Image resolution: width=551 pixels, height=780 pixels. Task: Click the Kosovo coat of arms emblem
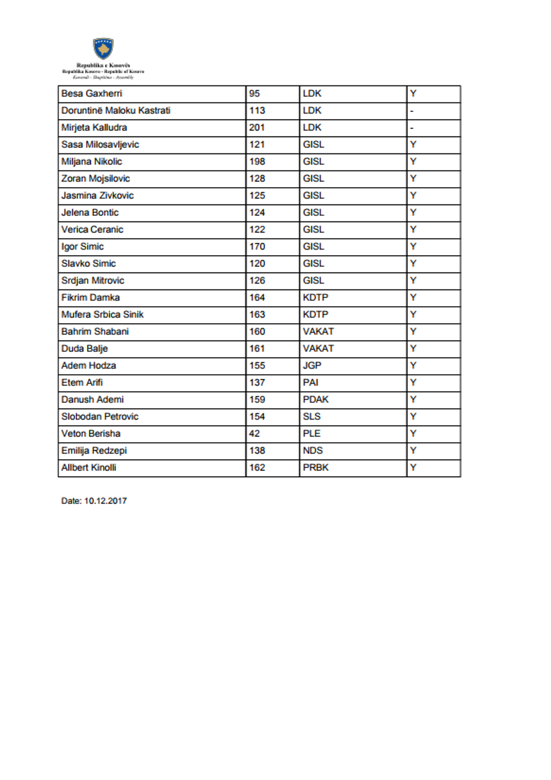[103, 49]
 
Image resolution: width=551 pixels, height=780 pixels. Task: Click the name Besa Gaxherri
[92, 94]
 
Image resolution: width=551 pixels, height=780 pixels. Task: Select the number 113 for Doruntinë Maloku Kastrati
[257, 111]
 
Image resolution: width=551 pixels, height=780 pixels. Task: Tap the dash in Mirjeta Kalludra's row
[412, 128]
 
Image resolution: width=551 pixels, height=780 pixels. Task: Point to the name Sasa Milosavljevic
[100, 145]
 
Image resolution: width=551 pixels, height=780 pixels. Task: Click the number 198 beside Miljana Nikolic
[257, 162]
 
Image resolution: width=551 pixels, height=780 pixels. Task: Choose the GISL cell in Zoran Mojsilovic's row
[313, 179]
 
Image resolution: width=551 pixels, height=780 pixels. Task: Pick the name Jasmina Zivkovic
[97, 196]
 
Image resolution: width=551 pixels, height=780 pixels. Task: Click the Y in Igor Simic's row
[413, 247]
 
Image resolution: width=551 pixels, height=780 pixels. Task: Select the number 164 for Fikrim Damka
[257, 298]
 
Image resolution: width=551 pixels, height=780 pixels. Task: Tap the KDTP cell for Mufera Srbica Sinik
[315, 315]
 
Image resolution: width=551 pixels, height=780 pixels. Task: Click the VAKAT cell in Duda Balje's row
[318, 348]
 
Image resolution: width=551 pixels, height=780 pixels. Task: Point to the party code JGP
[312, 366]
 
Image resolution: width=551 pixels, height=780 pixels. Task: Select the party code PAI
[310, 383]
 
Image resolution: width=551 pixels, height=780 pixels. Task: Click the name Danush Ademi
[92, 400]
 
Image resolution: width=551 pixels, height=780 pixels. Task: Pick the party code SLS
[311, 416]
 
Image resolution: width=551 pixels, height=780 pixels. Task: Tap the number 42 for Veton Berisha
[255, 434]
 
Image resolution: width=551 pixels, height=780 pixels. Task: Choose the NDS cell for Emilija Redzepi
[313, 451]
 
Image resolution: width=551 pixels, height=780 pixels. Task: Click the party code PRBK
[315, 468]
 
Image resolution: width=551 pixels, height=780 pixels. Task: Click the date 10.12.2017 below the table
[105, 501]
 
